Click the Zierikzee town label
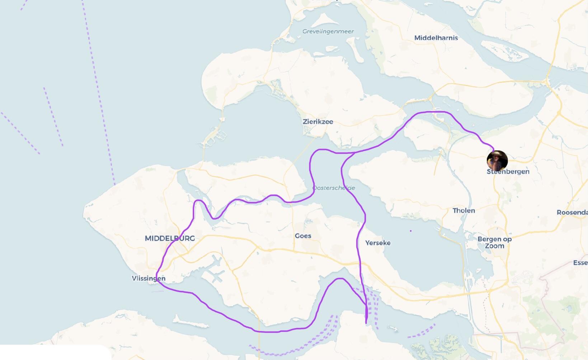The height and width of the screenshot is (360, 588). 318,122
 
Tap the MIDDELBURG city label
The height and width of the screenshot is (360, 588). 170,238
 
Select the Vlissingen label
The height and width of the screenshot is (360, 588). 149,279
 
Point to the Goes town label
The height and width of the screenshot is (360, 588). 303,236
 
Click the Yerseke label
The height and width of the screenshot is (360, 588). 378,243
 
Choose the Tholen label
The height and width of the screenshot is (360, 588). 464,211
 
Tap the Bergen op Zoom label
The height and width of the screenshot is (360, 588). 494,242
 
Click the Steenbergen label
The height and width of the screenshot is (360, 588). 508,172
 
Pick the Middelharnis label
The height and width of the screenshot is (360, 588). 436,38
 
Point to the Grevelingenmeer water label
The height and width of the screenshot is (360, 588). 328,32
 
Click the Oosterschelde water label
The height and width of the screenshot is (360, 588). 334,188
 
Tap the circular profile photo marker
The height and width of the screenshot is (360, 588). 497,161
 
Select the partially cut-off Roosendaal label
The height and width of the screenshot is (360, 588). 572,212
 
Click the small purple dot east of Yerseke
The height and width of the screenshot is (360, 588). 410,231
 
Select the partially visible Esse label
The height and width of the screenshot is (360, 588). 580,263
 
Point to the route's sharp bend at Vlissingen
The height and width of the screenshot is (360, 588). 157,280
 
